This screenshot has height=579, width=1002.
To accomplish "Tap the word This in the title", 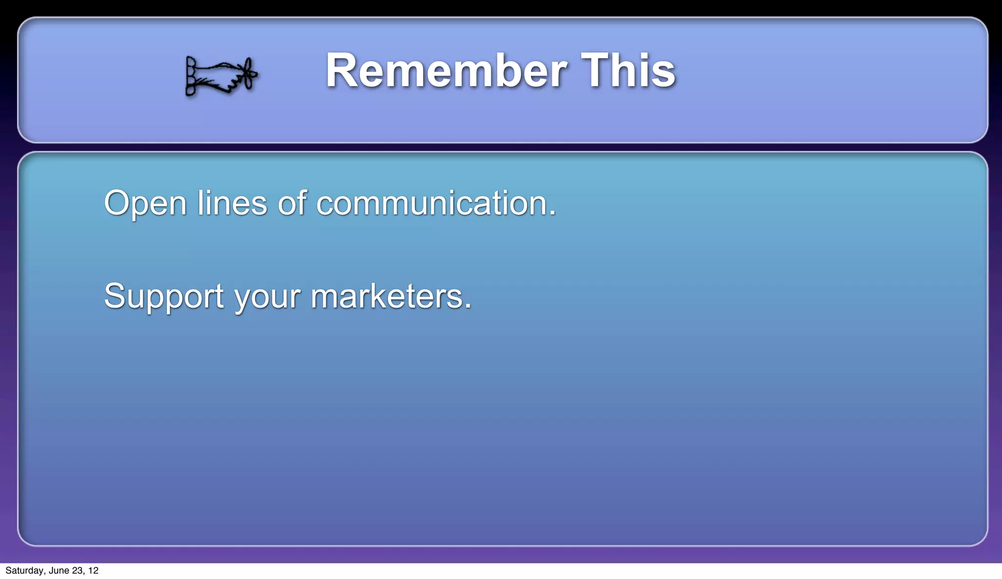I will (x=628, y=71).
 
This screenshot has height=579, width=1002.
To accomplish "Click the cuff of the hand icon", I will (x=191, y=76).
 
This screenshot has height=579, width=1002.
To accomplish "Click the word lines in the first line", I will (x=232, y=203).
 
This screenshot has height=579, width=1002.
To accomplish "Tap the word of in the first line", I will (x=292, y=203).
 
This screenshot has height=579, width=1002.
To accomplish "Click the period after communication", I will (x=552, y=213).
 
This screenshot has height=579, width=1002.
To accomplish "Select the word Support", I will (x=163, y=296).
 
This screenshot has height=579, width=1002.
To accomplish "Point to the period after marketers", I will (x=468, y=306).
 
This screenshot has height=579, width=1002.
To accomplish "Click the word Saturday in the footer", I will (x=24, y=571).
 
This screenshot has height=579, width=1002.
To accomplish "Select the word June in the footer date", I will (x=59, y=571).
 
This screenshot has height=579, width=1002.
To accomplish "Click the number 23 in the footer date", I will (x=77, y=571).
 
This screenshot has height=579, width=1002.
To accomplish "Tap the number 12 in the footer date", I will (x=93, y=571).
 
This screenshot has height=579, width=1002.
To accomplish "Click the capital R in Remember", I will (x=341, y=71).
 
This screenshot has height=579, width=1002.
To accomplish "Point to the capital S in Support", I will (x=114, y=296).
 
